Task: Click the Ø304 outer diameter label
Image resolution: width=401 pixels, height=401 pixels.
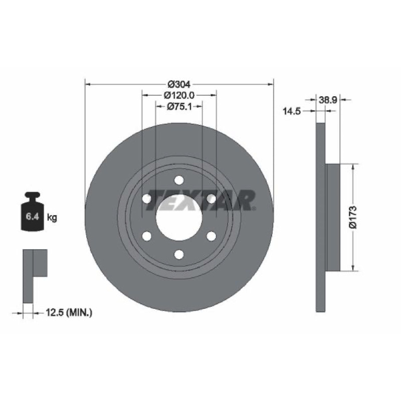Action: [x=179, y=84]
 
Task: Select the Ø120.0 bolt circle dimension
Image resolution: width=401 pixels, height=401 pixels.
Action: [x=179, y=95]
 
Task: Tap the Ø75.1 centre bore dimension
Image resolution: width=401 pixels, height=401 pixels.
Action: [x=179, y=106]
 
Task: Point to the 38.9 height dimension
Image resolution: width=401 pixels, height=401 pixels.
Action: [x=328, y=100]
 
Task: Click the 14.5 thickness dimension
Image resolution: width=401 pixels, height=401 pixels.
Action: [x=291, y=111]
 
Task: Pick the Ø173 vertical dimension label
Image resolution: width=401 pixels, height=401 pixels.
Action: [x=353, y=217]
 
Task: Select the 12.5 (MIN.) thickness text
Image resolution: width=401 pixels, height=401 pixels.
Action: [x=69, y=312]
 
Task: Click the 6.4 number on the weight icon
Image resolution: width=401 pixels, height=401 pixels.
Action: [x=32, y=217]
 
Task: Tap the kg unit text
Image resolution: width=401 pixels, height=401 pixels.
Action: [x=52, y=218]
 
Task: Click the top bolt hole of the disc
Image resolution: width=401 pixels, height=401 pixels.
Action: [x=179, y=180]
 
